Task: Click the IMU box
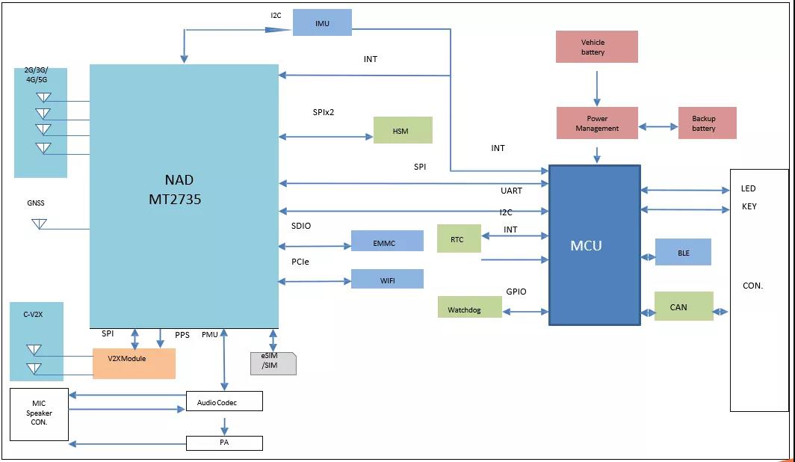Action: coord(322,22)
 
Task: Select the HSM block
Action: coord(403,130)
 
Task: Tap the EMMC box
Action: coord(387,241)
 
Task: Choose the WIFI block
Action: coord(387,279)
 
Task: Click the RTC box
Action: coord(459,238)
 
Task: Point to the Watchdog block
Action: coord(470,307)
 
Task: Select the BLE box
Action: coord(683,252)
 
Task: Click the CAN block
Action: coord(683,307)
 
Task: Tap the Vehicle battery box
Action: coord(596,47)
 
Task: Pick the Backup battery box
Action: coord(707,123)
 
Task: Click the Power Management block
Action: coord(597,123)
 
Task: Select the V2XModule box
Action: coord(134,363)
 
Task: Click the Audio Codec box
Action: coord(224,401)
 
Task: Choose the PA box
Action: coord(224,443)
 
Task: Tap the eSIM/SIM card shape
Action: coord(273,363)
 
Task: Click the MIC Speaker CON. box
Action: coord(40,413)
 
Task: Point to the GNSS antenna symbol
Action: coord(39,224)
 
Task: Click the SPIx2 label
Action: coord(324,112)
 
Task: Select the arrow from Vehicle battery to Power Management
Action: coord(596,87)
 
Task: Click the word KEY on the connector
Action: coord(749,206)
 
